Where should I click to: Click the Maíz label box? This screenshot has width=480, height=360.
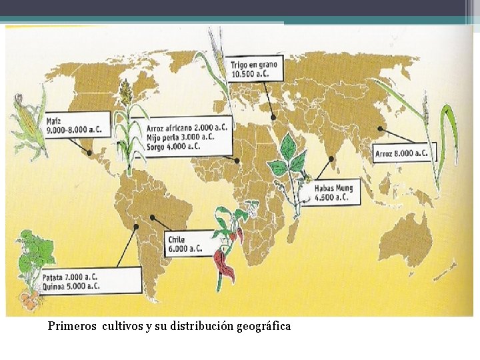77,125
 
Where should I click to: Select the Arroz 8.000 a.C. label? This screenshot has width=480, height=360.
402,153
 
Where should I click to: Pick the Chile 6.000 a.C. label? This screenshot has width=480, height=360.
187,243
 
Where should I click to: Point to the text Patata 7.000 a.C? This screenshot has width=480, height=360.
71,275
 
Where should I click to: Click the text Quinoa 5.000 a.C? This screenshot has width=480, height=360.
71,285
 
